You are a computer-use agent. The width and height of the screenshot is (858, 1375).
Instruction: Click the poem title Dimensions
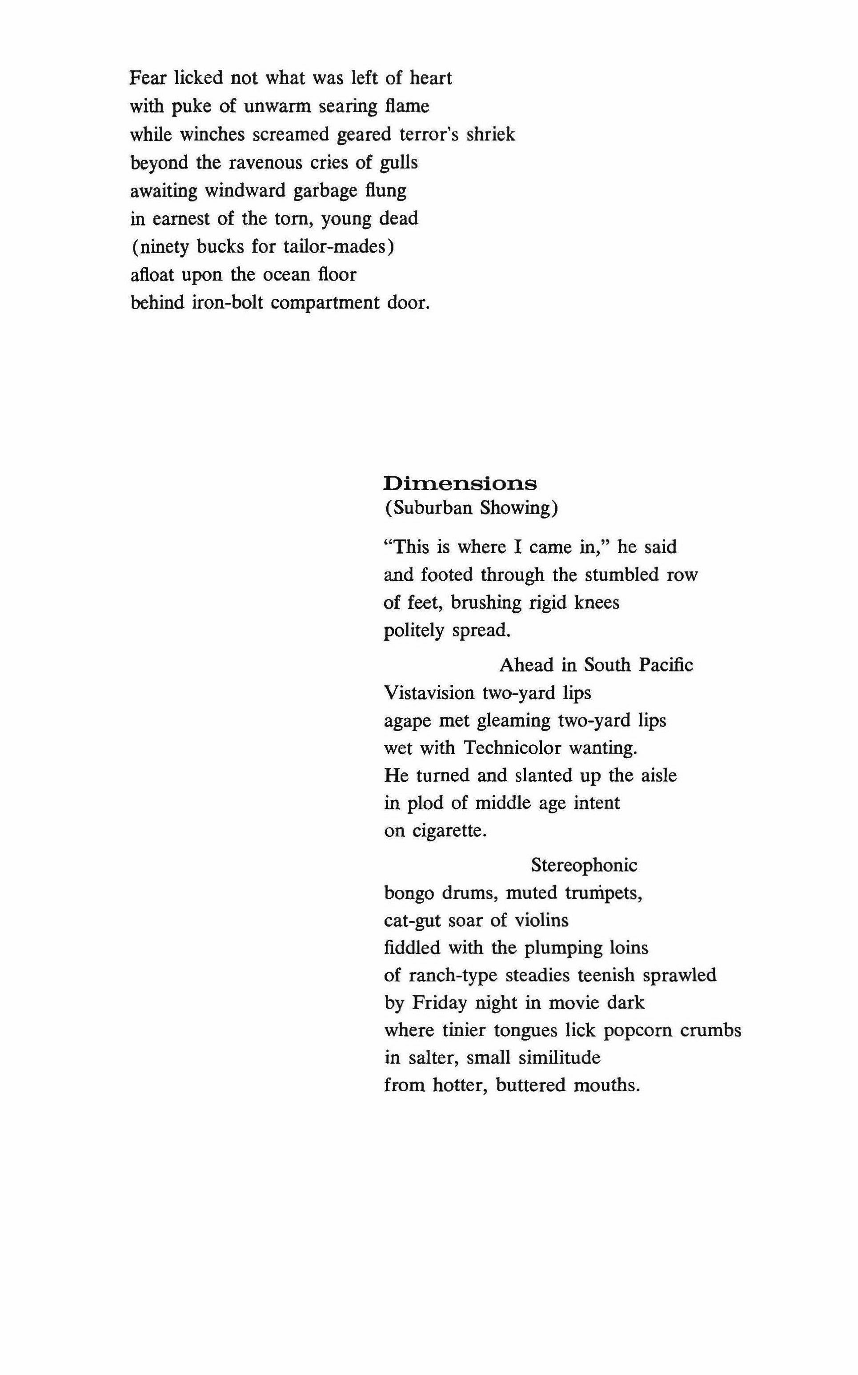[x=460, y=483]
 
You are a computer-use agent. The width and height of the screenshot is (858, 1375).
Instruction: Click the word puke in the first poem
[x=191, y=107]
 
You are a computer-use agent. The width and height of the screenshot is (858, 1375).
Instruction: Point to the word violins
[x=541, y=920]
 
